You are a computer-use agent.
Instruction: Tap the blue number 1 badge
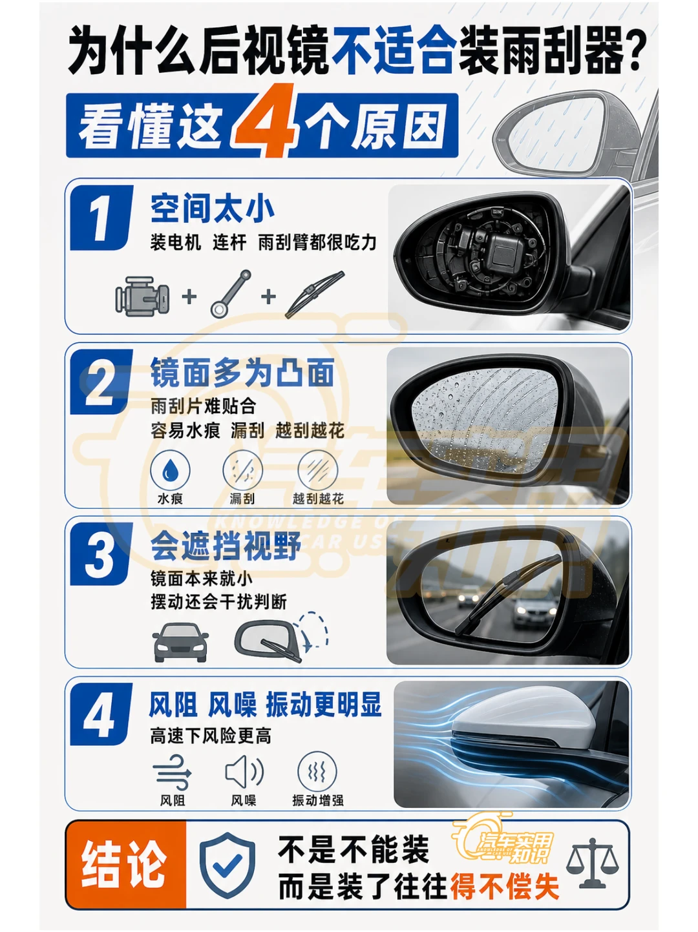[x=101, y=218]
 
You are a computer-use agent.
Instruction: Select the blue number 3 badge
[x=100, y=554]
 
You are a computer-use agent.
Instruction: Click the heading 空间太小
[x=213, y=209]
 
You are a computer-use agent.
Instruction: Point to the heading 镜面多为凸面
[x=242, y=373]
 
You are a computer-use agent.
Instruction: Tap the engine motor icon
[x=142, y=296]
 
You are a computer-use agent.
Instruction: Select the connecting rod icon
[x=231, y=293]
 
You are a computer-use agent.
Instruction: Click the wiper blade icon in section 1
[x=315, y=294]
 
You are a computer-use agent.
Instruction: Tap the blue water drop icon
[x=170, y=470]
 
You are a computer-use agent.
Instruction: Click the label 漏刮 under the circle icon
[x=242, y=499]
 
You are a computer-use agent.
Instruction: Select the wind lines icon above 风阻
[x=172, y=772]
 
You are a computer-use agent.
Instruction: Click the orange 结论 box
[x=126, y=864]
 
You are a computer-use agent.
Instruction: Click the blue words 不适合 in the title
[x=394, y=50]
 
